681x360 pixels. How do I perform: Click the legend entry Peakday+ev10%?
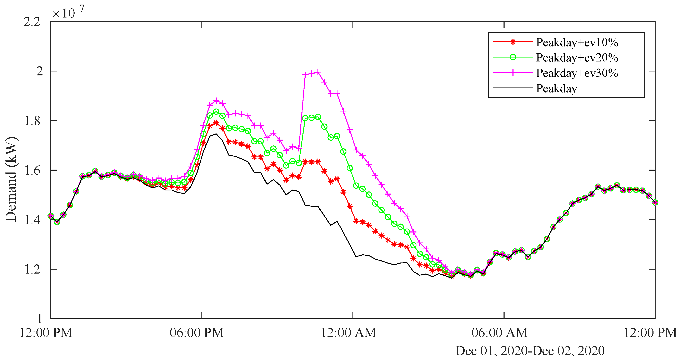tap(577, 42)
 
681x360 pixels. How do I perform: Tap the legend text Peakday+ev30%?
tap(577, 73)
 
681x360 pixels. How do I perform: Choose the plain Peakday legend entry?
tap(556, 88)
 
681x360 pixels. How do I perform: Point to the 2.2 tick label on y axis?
tap(32, 22)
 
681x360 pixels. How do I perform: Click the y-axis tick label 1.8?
tap(32, 121)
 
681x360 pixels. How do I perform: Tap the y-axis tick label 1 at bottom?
tap(39, 319)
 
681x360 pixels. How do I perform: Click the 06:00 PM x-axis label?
tap(196, 332)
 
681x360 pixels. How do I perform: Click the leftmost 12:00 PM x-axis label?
tap(46, 332)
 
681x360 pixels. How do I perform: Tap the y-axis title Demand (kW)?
tap(11, 179)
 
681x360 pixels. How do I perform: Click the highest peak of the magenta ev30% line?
tap(318, 72)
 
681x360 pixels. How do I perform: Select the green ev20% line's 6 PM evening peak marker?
tap(216, 112)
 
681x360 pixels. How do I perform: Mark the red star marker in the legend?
tap(513, 42)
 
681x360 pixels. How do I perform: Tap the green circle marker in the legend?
tap(513, 57)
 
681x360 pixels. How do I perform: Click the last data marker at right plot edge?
tap(655, 203)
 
